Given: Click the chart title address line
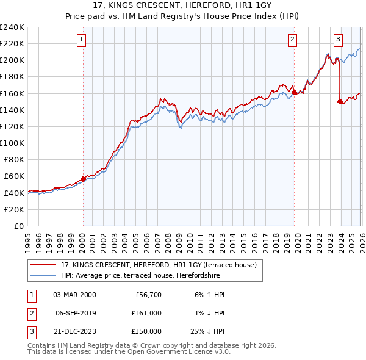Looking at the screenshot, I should [x=182, y=6].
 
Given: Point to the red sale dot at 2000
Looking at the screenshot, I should [x=83, y=178].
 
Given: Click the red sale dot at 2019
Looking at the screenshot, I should [x=294, y=92].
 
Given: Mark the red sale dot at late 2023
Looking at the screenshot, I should [x=340, y=101].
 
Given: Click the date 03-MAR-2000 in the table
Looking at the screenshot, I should [x=74, y=295].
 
